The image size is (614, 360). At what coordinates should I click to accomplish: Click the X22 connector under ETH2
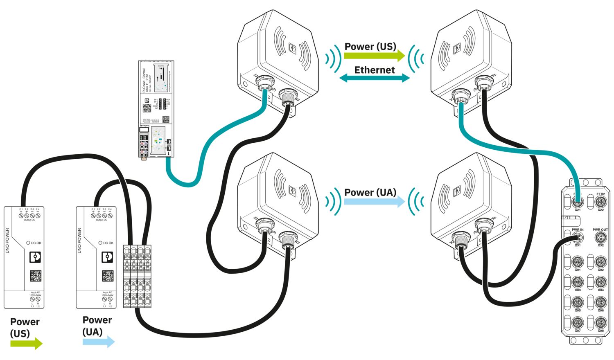(600, 202)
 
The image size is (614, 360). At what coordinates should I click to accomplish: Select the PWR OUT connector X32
(600, 238)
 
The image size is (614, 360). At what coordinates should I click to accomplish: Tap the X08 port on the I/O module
(600, 323)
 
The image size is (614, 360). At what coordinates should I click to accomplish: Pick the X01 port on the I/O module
(578, 262)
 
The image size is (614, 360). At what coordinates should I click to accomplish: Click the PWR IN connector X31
(578, 238)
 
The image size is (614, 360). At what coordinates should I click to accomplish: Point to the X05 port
(578, 303)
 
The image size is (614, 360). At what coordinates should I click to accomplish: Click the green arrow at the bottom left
(27, 343)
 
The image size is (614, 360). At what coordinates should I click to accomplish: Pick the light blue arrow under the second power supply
(99, 342)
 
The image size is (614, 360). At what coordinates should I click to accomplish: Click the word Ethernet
(375, 70)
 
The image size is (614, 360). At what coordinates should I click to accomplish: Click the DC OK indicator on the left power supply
(28, 243)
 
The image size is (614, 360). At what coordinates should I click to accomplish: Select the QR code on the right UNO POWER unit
(108, 276)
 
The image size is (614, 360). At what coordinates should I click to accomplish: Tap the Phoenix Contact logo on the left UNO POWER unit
(36, 257)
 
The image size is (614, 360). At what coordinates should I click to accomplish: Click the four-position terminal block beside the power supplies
(137, 276)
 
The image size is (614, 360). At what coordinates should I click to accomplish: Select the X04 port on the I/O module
(600, 282)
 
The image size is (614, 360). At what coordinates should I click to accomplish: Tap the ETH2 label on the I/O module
(600, 194)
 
